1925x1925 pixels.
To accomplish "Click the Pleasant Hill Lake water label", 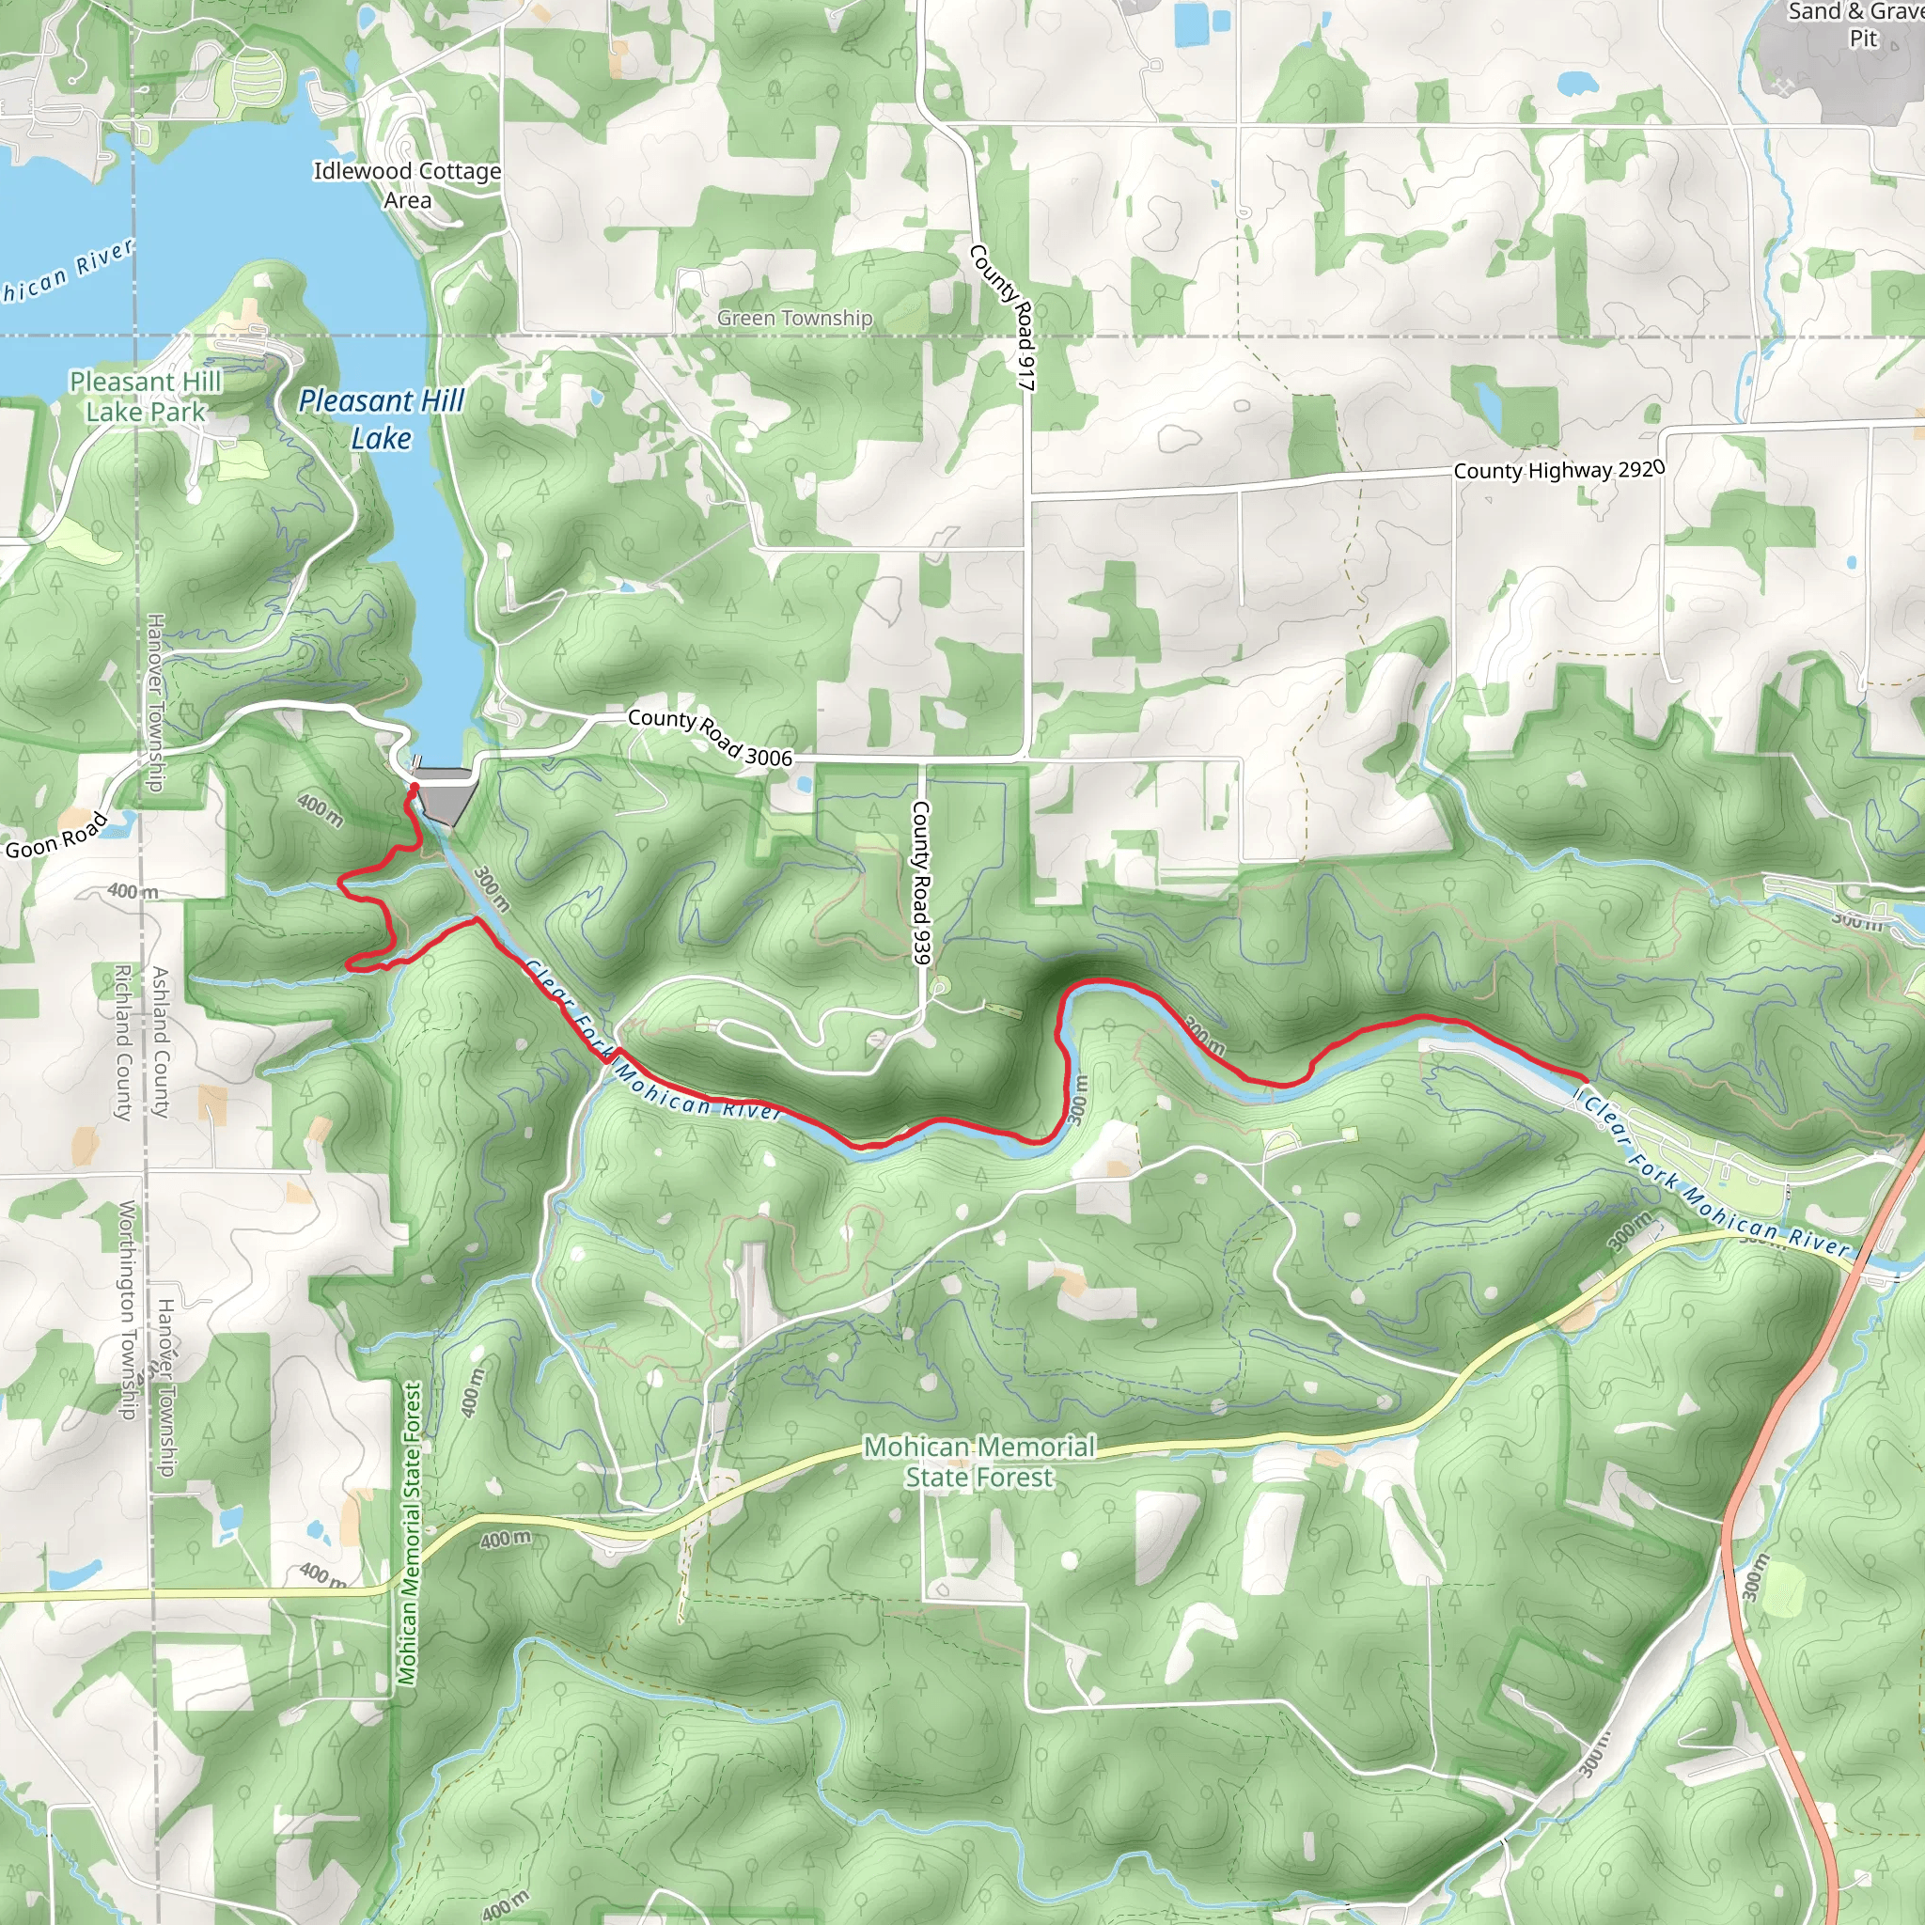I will click(382, 419).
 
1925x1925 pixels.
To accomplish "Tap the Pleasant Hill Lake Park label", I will click(145, 397).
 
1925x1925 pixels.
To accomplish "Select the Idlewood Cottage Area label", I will click(408, 185).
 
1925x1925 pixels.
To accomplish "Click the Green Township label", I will click(794, 318).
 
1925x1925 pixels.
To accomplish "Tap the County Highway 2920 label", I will click(1558, 469).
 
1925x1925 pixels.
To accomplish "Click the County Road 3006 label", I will click(710, 736).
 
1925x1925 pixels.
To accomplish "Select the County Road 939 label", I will click(920, 883).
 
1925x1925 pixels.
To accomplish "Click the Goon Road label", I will click(56, 836).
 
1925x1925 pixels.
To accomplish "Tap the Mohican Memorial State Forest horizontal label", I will click(978, 1462).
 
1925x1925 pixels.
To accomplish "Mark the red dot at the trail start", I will click(414, 787).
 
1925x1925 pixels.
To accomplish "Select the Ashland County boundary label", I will click(160, 1042).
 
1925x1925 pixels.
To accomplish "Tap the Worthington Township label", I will click(127, 1309).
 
